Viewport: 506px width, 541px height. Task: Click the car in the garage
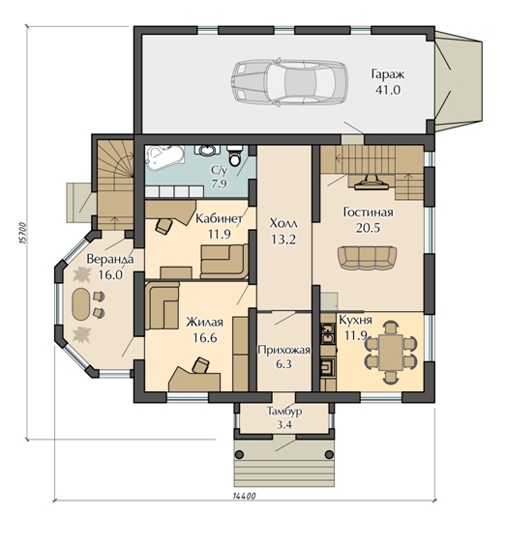(x=288, y=82)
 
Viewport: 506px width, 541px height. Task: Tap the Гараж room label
(x=388, y=74)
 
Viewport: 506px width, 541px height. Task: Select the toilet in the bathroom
(x=235, y=156)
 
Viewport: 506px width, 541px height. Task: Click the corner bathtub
(x=164, y=157)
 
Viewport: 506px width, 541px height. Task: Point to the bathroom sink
(x=207, y=150)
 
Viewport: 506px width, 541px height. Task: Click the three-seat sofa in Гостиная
(x=367, y=257)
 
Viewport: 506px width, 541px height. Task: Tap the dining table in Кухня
(x=391, y=353)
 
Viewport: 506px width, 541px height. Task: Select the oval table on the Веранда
(x=81, y=304)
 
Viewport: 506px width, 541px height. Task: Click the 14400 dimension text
(x=245, y=497)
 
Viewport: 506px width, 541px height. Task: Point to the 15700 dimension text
(x=22, y=233)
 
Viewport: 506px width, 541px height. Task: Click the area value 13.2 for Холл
(x=283, y=240)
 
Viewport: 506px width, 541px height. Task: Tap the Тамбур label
(x=284, y=412)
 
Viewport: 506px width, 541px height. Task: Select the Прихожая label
(x=283, y=350)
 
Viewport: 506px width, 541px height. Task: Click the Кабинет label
(x=219, y=218)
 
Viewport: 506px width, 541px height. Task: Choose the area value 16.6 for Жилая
(x=205, y=337)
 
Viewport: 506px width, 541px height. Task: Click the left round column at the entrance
(x=239, y=454)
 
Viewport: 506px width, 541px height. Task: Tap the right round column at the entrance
(x=329, y=454)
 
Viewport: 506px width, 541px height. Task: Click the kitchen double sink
(x=328, y=334)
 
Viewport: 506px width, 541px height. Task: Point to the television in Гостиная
(x=372, y=182)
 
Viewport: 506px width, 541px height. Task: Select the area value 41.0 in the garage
(x=388, y=90)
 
